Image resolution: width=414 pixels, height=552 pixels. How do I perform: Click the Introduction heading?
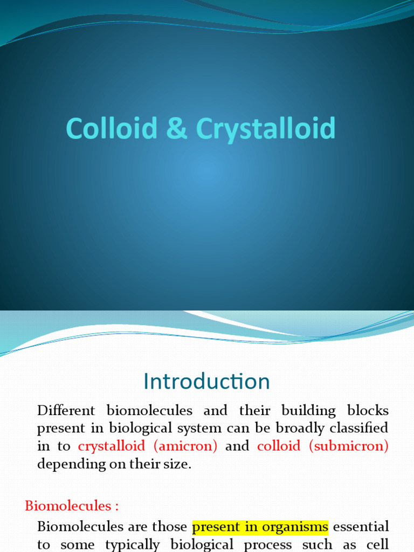[206, 382]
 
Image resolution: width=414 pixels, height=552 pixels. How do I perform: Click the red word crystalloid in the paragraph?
[112, 446]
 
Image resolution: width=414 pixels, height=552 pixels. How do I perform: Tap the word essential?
[363, 526]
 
